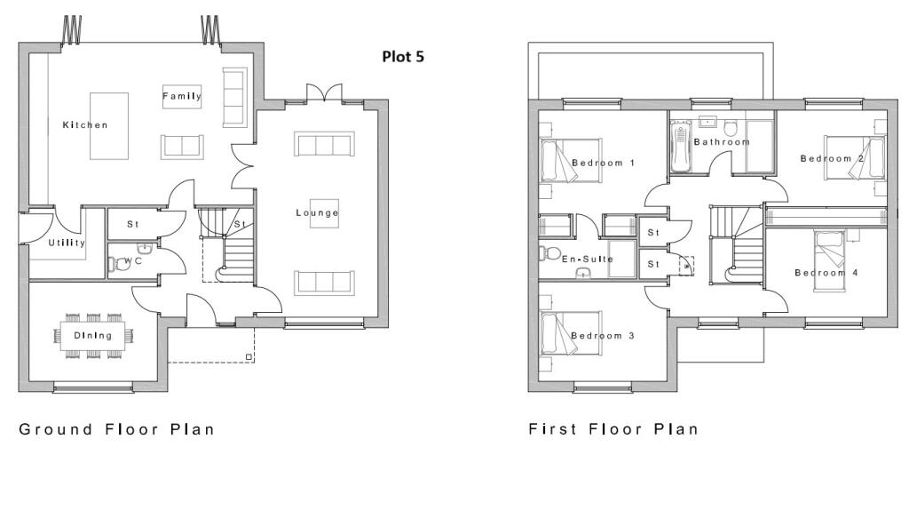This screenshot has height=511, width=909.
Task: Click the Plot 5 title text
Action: (x=403, y=56)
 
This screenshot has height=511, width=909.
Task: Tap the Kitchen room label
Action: (x=85, y=124)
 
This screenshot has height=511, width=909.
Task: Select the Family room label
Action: (x=182, y=96)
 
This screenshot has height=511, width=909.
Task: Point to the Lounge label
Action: (x=317, y=213)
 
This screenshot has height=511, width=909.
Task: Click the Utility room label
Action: (x=67, y=243)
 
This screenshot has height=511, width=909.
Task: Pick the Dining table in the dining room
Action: (x=92, y=336)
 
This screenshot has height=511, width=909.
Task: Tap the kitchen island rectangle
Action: (x=109, y=126)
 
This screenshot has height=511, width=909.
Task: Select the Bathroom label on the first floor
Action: (x=722, y=141)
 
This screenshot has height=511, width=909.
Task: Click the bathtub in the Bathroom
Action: (x=681, y=147)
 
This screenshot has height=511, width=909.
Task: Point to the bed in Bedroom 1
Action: (x=571, y=161)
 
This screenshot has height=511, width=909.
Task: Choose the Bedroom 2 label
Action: (x=832, y=158)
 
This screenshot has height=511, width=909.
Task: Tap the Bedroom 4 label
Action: (x=826, y=273)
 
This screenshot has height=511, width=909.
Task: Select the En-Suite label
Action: (x=588, y=259)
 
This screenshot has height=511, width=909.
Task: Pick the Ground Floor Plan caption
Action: (x=116, y=429)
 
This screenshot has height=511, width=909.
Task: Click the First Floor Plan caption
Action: (x=613, y=429)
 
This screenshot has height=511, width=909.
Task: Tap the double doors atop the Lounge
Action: (x=325, y=93)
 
